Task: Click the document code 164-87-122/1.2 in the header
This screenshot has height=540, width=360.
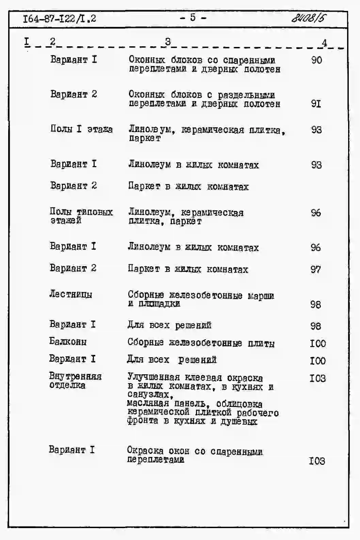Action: pyautogui.click(x=60, y=18)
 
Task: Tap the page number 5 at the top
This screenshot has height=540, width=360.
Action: pyautogui.click(x=193, y=17)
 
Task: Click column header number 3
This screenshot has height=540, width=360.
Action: pyautogui.click(x=168, y=42)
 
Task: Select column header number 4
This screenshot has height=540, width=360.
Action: pyautogui.click(x=324, y=43)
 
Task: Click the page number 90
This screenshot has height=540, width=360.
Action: pyautogui.click(x=316, y=60)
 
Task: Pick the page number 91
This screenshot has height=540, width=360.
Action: pyautogui.click(x=316, y=103)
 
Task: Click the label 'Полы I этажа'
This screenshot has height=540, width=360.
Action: pyautogui.click(x=81, y=129)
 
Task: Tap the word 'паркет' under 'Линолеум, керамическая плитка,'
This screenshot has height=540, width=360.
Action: pyautogui.click(x=144, y=138)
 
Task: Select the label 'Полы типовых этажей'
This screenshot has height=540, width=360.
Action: pyautogui.click(x=81, y=216)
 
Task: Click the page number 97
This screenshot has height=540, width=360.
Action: pyautogui.click(x=315, y=269)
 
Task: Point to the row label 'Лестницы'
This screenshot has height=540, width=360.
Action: pyautogui.click(x=70, y=294)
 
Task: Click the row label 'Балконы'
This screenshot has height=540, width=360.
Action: pyautogui.click(x=68, y=341)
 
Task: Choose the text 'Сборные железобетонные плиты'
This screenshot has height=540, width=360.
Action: pyautogui.click(x=201, y=343)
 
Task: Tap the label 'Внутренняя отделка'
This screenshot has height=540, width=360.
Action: pyautogui.click(x=75, y=381)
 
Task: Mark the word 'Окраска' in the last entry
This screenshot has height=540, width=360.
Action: pyautogui.click(x=145, y=451)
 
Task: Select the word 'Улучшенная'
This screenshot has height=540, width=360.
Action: pyautogui.click(x=153, y=377)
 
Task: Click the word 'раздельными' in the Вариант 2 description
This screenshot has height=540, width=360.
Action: pyautogui.click(x=246, y=95)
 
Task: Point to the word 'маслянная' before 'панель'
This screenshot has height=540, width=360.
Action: pyautogui.click(x=148, y=404)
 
